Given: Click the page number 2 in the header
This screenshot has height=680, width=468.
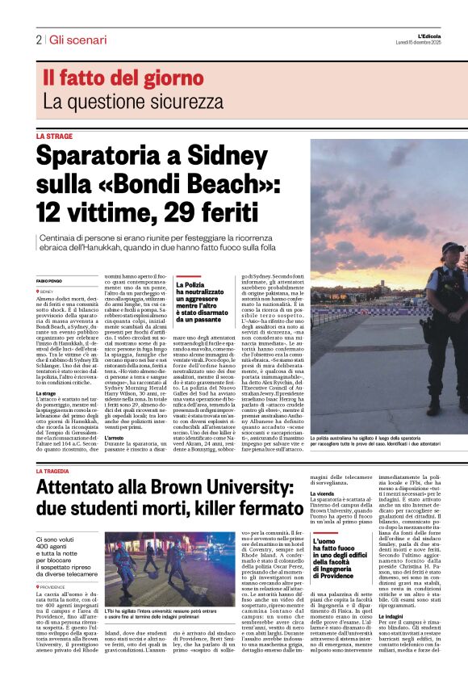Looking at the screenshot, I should tap(39, 40).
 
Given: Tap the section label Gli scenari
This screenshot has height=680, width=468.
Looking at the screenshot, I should tap(77, 40).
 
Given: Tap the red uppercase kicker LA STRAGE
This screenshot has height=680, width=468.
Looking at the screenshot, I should tap(54, 137).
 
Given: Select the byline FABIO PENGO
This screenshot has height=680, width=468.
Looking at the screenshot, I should tap(49, 281).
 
